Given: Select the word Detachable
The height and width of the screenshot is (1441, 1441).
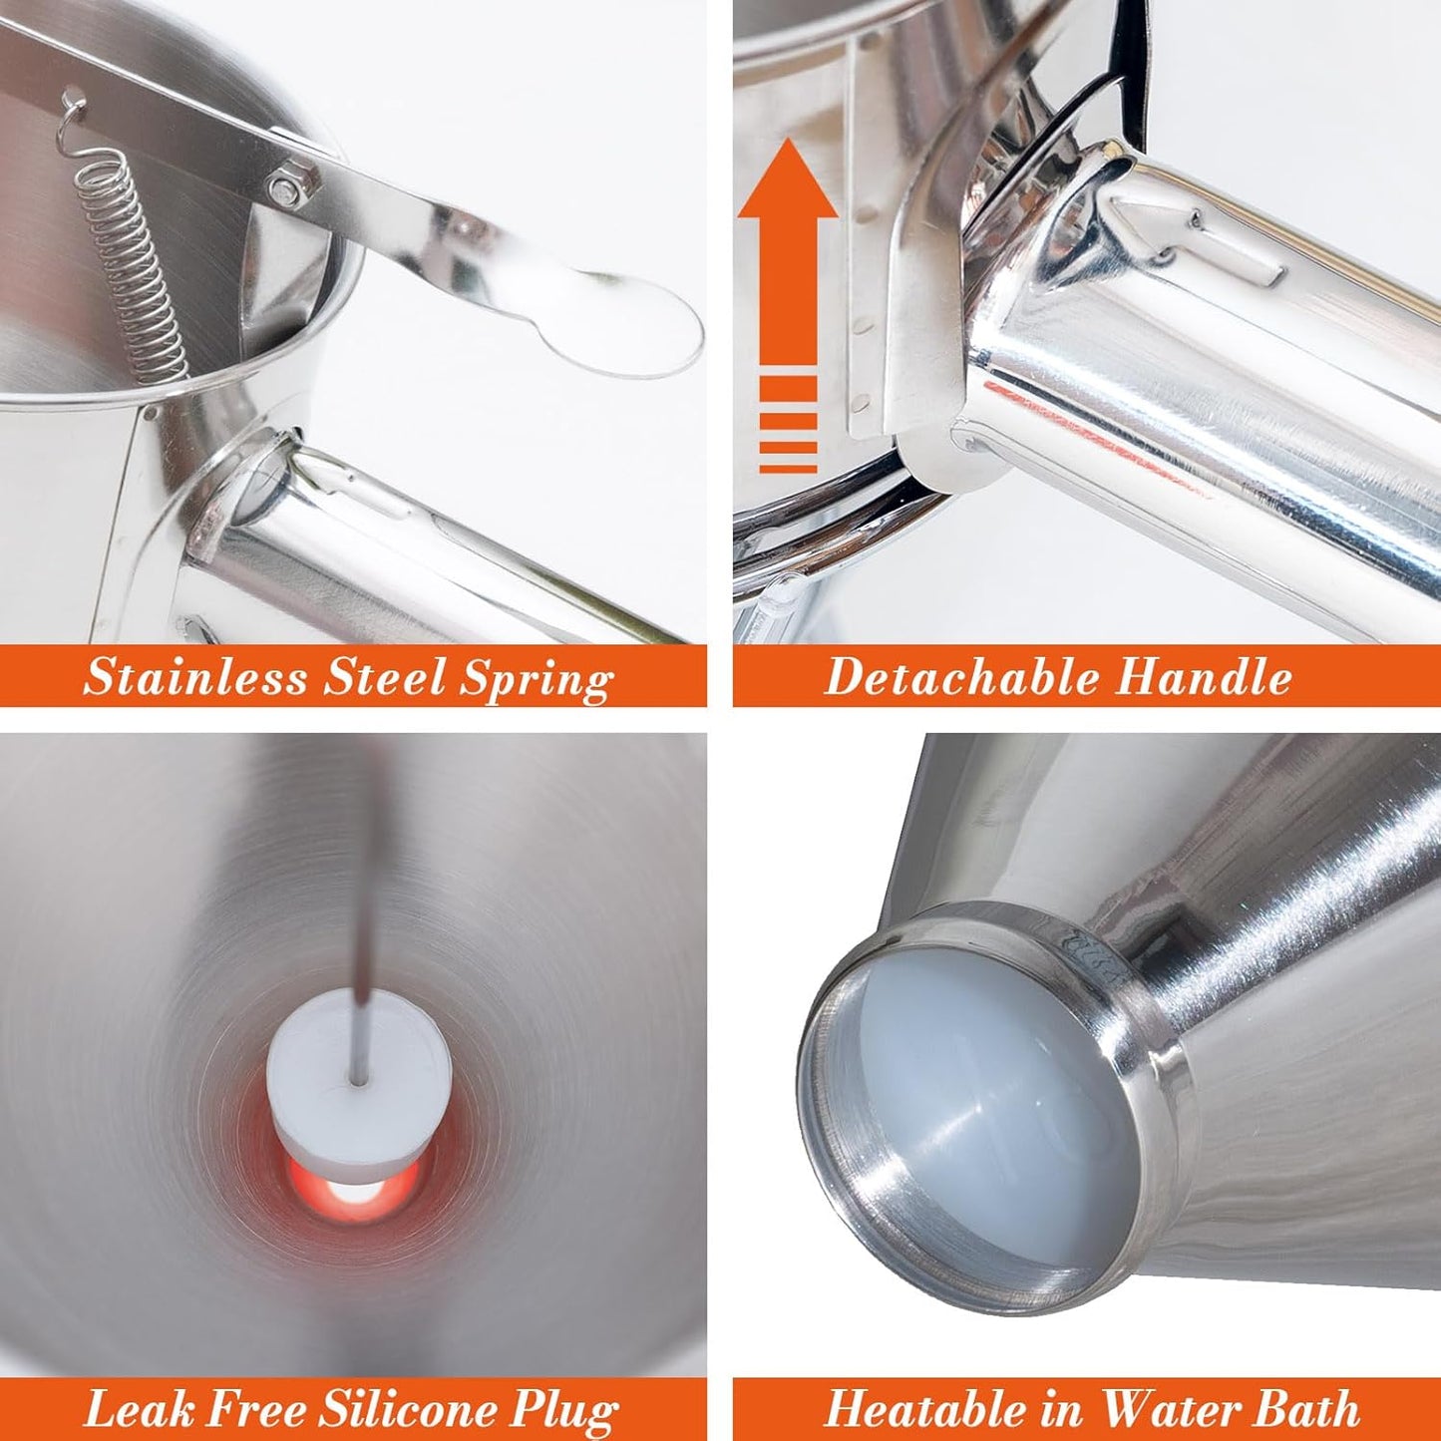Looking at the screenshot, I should [960, 677].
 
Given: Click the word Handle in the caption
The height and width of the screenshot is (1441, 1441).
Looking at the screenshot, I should [1203, 677].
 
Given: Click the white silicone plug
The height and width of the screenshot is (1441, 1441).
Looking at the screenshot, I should [359, 1082].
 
